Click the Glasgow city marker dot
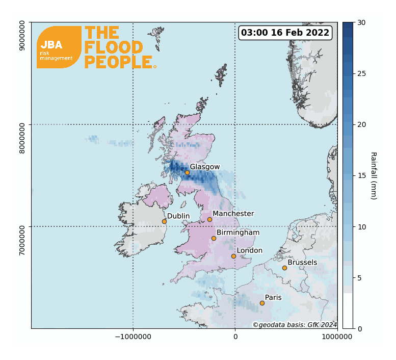[187, 172]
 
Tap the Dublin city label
[178, 216]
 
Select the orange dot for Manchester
[209, 219]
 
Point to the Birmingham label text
[238, 233]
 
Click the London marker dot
[233, 256]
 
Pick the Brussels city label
[302, 263]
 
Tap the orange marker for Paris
[262, 303]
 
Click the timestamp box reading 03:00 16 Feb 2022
[285, 33]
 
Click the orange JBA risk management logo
[59, 47]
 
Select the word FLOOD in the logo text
[114, 47]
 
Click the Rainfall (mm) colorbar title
[373, 175]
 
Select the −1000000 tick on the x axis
[134, 338]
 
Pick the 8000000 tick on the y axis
[22, 124]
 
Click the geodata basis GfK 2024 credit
[295, 325]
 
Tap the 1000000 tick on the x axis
[337, 338]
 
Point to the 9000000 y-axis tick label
[22, 35]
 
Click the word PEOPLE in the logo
[119, 62]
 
